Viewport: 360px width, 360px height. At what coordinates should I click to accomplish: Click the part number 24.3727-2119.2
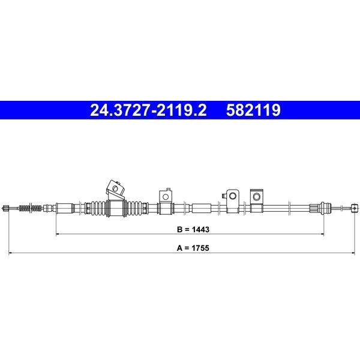tap(148, 110)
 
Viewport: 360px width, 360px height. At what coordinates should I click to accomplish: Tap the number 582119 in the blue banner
tap(253, 110)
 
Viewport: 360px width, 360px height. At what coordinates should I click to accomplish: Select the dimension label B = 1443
tap(193, 229)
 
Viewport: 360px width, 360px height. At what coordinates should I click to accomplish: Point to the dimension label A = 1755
tap(193, 248)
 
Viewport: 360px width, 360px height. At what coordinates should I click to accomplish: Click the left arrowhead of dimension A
tap(10, 253)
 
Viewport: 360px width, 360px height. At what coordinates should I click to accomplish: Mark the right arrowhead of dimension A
tap(353, 253)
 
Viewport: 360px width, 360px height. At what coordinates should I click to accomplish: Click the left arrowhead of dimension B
tap(58, 234)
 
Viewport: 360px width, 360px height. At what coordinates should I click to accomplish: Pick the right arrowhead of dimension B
tap(322, 234)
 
